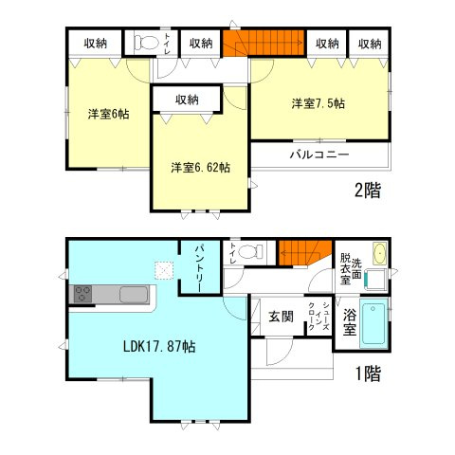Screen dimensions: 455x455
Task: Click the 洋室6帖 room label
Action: point(109,115)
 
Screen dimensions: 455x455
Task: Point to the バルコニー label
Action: point(319,155)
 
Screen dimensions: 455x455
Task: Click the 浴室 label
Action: point(349,321)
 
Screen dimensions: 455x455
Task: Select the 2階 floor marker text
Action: point(368,191)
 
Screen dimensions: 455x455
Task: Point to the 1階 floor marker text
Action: point(368,373)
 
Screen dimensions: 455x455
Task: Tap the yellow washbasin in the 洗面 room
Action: point(378,254)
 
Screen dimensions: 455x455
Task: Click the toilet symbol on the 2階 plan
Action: point(148,44)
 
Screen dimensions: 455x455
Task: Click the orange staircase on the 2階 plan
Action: point(263,43)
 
